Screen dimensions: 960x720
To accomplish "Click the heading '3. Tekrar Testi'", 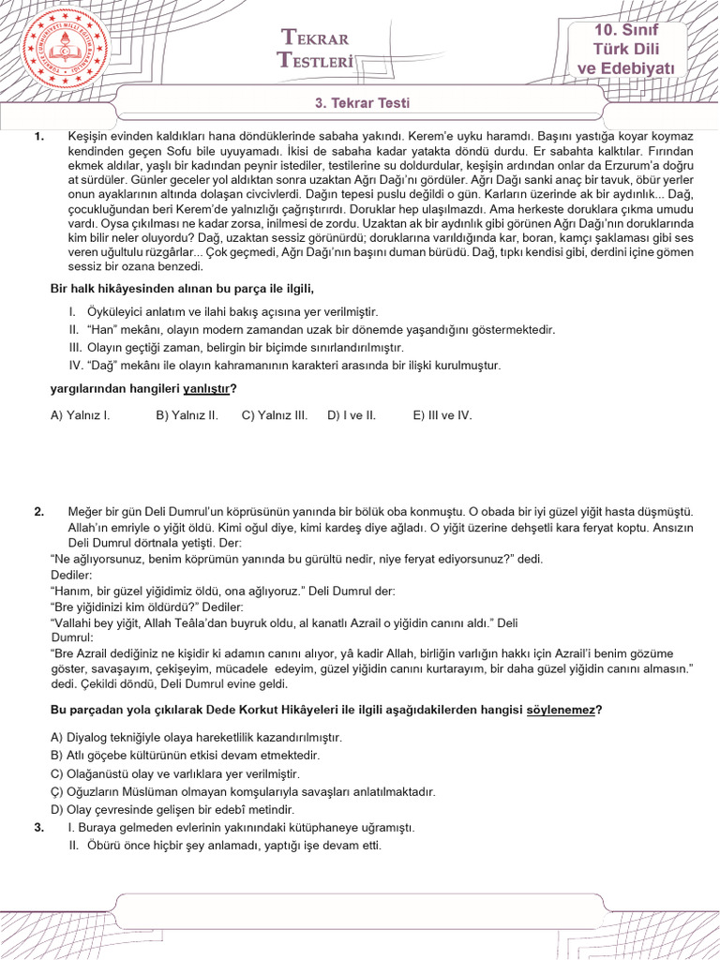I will (x=360, y=103).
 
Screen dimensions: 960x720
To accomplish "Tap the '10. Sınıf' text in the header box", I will (x=626, y=31).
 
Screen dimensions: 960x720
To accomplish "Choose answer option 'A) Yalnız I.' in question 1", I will (x=81, y=414).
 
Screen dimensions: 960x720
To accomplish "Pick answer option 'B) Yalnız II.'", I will (x=187, y=414).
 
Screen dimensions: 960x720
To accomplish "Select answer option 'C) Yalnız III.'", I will (x=275, y=414).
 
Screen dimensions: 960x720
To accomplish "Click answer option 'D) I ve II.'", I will (x=352, y=414).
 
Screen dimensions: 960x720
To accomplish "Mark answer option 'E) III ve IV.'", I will (x=442, y=414).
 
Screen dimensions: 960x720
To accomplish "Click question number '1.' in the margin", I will (x=39, y=137).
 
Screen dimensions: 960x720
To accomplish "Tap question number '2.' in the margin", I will (x=39, y=512).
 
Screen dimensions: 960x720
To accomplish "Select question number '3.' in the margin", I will (x=39, y=828).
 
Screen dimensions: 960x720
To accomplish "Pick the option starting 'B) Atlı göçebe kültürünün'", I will (x=185, y=755).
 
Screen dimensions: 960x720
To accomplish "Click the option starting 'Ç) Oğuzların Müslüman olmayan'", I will (x=243, y=791).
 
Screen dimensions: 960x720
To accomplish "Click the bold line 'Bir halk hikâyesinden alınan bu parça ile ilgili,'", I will (x=181, y=288).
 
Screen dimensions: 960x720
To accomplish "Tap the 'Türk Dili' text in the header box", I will (x=626, y=50).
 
